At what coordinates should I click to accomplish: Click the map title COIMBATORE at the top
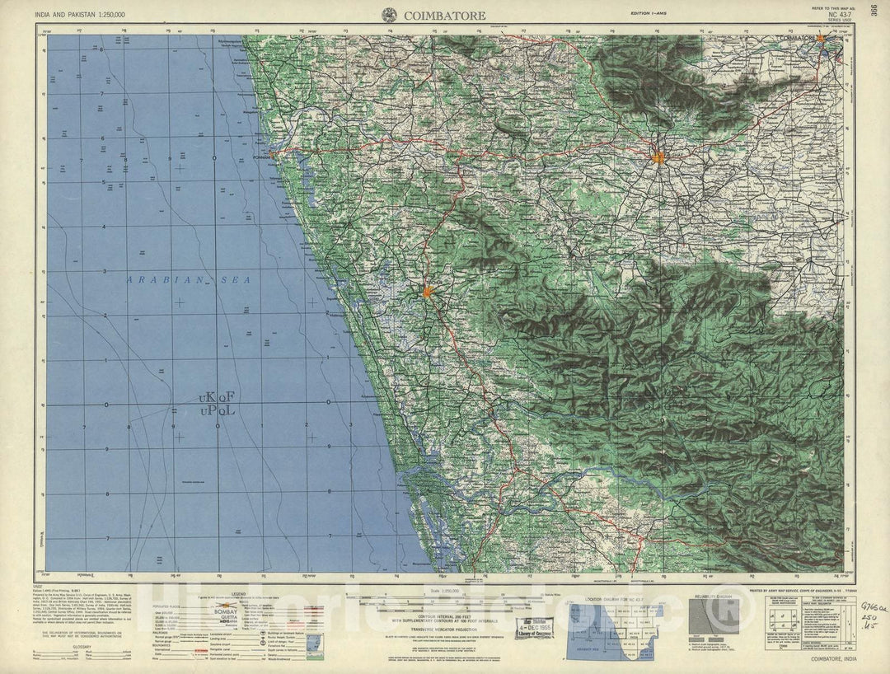pyautogui.click(x=444, y=14)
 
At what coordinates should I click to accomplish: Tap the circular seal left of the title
pyautogui.click(x=387, y=13)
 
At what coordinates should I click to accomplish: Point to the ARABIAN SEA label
pyautogui.click(x=189, y=281)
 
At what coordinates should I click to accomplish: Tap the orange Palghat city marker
pyautogui.click(x=658, y=157)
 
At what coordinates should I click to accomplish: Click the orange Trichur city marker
pyautogui.click(x=428, y=291)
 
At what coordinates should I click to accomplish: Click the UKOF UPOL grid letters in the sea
pyautogui.click(x=217, y=403)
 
